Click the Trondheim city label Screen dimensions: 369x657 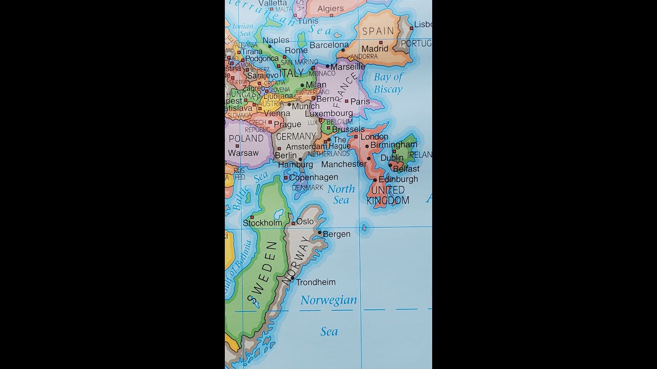316,282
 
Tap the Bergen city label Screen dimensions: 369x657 337,234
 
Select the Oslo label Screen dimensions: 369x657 305,221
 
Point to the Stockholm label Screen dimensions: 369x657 262,223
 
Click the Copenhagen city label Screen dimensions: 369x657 314,177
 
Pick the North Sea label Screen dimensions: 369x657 341,194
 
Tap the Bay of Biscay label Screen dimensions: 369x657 388,84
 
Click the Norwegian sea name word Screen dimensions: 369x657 328,300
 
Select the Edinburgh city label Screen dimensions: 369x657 398,179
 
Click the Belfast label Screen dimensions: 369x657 406,169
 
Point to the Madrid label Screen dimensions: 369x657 375,49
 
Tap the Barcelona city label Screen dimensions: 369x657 330,45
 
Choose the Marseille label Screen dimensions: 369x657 348,67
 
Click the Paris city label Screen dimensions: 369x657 360,101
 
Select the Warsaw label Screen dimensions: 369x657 243,153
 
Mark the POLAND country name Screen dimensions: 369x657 246,138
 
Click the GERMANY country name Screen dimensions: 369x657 296,136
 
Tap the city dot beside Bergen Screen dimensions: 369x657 319,232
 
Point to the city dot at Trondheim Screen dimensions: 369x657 293,278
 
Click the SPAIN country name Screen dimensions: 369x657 378,31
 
